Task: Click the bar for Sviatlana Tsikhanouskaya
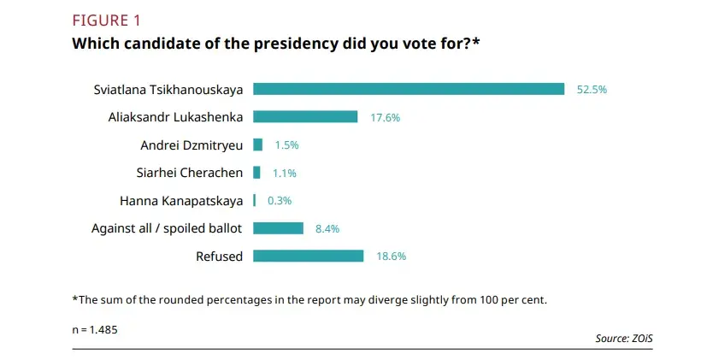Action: point(409,89)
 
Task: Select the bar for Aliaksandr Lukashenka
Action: point(305,117)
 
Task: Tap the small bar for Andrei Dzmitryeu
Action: point(258,145)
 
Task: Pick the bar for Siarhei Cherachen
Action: point(256,173)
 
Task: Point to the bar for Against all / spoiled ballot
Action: point(279,228)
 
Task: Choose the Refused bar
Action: point(309,256)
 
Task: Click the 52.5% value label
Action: point(592,90)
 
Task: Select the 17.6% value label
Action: point(385,118)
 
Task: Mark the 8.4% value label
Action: point(329,229)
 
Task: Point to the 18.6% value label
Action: point(391,257)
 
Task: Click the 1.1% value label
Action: point(284,174)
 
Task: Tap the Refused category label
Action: point(219,256)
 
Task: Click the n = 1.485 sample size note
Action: point(95,328)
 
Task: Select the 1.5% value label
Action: point(286,145)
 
